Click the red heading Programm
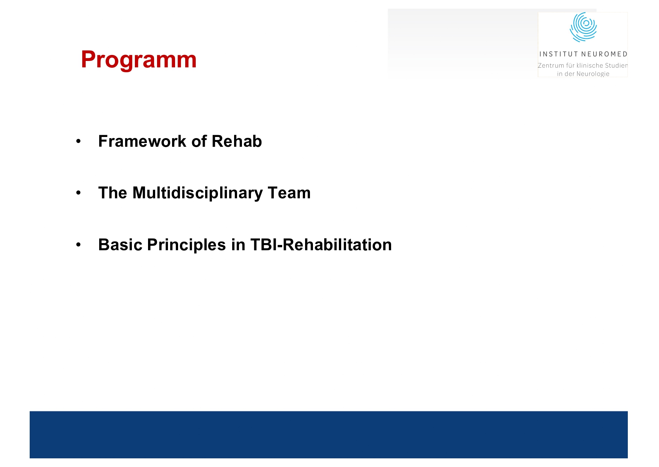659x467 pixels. pos(139,60)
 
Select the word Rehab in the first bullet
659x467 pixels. pos(237,141)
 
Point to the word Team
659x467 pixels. pos(289,193)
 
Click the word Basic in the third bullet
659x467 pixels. pos(120,245)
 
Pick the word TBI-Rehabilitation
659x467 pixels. pos(321,245)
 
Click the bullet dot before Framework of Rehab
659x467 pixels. pos(78,142)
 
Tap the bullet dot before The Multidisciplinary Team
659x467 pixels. pos(78,193)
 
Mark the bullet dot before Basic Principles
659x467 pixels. pos(78,245)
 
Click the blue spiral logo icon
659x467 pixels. pos(583,27)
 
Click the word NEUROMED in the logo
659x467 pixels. pos(604,54)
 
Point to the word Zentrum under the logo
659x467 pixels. pos(551,65)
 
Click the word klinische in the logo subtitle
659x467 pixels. pos(589,65)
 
